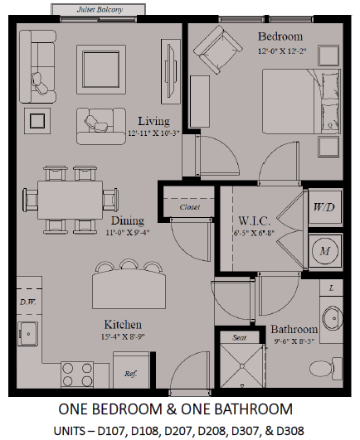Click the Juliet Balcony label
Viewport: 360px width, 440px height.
click(x=100, y=10)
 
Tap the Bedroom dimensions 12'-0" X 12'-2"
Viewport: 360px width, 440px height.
click(x=282, y=51)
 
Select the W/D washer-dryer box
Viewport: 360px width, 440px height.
click(x=325, y=207)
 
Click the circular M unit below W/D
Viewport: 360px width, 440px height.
click(x=325, y=250)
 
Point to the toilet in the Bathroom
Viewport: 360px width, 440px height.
click(x=326, y=368)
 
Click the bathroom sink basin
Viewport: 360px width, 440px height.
click(x=333, y=318)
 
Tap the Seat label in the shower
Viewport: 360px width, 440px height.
click(x=239, y=337)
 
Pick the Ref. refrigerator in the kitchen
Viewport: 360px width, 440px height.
click(x=131, y=370)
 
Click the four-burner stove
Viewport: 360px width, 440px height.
click(x=77, y=375)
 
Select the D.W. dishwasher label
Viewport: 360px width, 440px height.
click(x=28, y=302)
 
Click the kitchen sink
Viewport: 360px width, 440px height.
click(x=27, y=333)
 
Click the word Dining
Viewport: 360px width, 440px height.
click(x=128, y=220)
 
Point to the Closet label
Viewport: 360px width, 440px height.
click(x=190, y=207)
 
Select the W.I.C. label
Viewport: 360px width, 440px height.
click(x=255, y=221)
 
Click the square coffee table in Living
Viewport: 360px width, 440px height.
click(x=101, y=70)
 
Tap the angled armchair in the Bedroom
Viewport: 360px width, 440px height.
click(x=218, y=50)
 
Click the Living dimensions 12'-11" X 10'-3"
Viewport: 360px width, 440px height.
click(x=153, y=133)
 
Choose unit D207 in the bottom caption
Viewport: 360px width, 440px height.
click(x=178, y=431)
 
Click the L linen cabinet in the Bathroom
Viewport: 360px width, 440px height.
click(x=331, y=288)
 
